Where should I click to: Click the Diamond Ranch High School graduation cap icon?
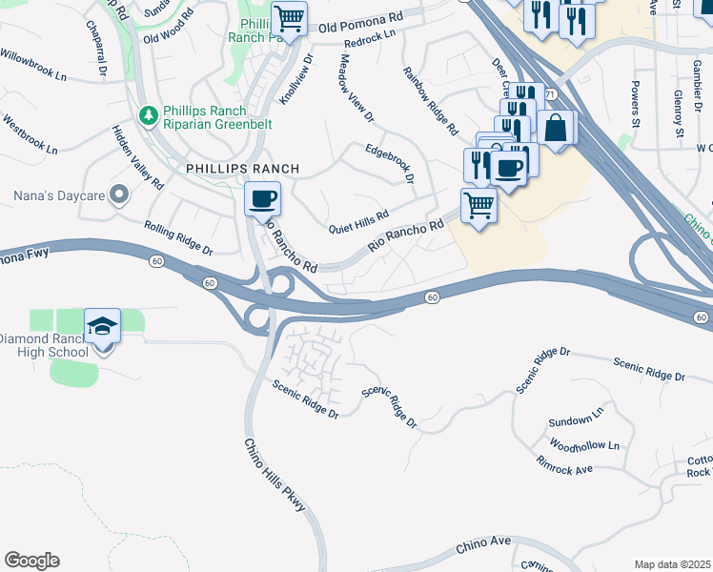click(x=103, y=326)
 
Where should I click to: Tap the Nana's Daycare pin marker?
click(x=119, y=194)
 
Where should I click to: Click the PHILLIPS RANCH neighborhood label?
click(x=242, y=169)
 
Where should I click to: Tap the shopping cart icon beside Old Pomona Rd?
click(x=289, y=16)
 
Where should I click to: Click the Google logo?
click(x=31, y=561)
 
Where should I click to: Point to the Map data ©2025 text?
click(x=673, y=564)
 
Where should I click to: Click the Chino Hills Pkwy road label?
click(x=275, y=476)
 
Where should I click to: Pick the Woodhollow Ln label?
click(x=584, y=445)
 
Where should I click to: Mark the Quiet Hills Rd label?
click(x=358, y=222)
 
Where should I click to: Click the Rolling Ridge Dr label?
click(x=178, y=237)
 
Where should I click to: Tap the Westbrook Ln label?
click(x=31, y=135)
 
